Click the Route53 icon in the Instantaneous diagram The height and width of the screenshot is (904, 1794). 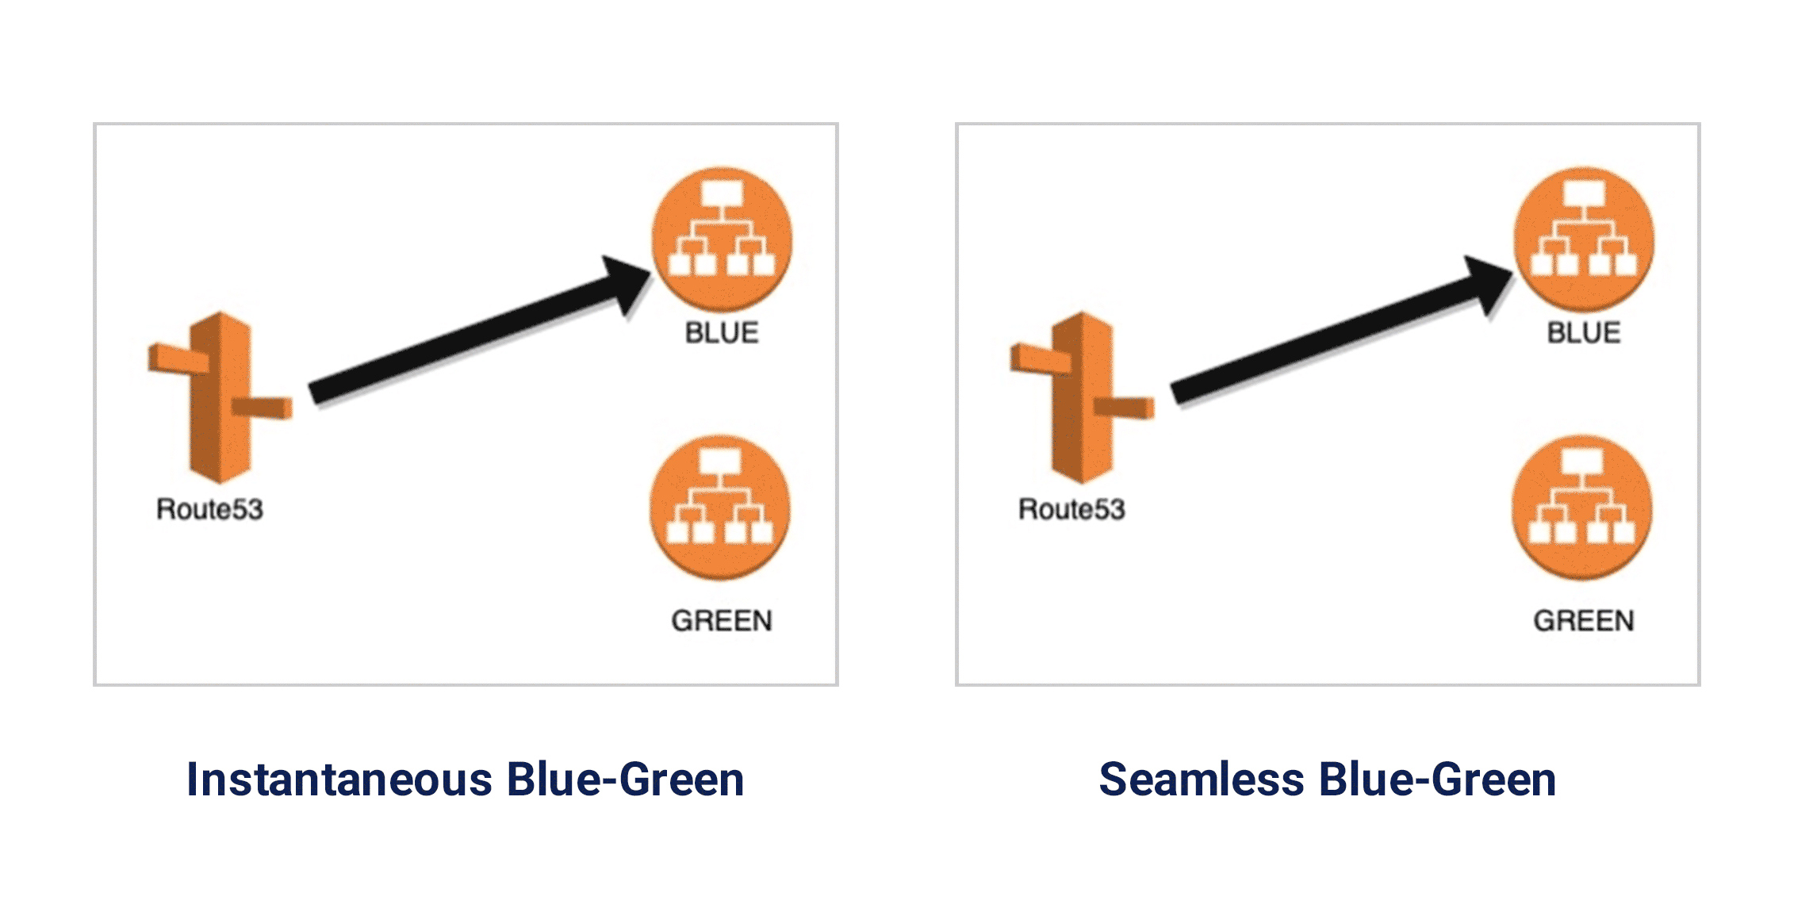(x=220, y=397)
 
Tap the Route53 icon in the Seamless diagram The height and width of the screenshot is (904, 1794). (x=1082, y=397)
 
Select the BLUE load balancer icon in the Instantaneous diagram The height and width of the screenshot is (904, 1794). (x=722, y=238)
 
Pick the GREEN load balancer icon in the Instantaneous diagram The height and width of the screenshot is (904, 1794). (x=720, y=507)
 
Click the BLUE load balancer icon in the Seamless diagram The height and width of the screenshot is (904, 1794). (x=1584, y=238)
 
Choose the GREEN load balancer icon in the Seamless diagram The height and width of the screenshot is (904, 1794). (x=1582, y=507)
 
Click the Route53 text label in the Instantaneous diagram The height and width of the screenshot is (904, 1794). (x=209, y=509)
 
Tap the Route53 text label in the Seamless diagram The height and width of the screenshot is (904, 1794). (x=1071, y=509)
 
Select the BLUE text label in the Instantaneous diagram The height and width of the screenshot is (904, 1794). (x=722, y=333)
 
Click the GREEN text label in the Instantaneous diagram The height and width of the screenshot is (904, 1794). (x=722, y=621)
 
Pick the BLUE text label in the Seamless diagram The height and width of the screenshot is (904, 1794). (x=1584, y=333)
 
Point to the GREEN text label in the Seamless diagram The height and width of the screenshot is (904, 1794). (x=1584, y=621)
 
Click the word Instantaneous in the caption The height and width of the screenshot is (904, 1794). (x=339, y=779)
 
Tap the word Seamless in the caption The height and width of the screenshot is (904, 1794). (x=1202, y=779)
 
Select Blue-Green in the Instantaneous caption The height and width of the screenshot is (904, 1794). (x=626, y=779)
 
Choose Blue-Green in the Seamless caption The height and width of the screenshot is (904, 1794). (x=1438, y=779)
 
